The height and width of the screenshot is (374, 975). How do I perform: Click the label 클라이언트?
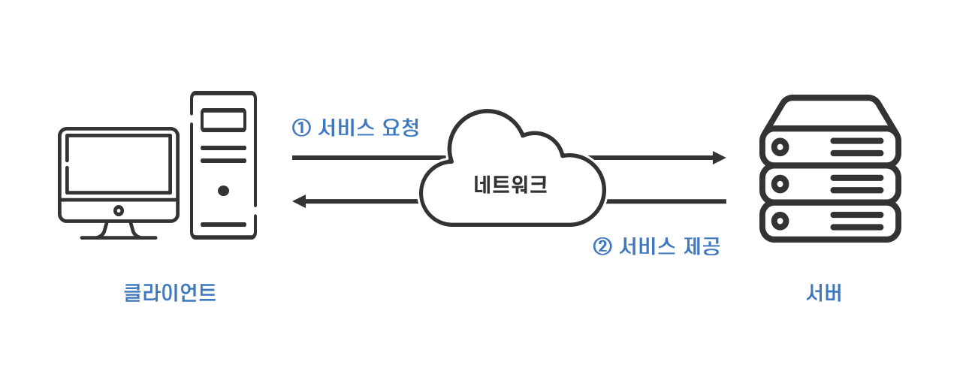pos(170,292)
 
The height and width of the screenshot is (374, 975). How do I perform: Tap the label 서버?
pos(823,292)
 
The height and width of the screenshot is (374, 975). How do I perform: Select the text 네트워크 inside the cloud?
pos(510,185)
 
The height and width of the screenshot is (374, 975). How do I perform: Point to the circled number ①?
pos(301,128)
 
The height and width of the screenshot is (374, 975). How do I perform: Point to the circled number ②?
pos(603,247)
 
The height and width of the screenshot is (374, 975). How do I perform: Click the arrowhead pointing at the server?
pos(719,158)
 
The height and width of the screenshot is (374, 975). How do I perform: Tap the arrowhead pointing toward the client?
pos(299,201)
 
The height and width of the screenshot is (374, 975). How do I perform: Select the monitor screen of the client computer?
pos(118,164)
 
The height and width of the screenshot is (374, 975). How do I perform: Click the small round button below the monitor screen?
pos(118,211)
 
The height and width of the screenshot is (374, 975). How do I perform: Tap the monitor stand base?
pos(119,237)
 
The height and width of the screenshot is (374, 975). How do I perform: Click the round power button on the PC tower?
pos(223,191)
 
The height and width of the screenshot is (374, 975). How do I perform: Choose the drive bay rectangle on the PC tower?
pos(223,120)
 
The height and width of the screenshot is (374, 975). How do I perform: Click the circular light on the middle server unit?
pos(781,183)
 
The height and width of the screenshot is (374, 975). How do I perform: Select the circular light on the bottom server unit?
pos(781,221)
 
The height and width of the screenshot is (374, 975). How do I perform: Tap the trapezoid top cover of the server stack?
pos(830,113)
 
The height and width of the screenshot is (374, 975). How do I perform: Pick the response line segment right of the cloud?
pos(666,201)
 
